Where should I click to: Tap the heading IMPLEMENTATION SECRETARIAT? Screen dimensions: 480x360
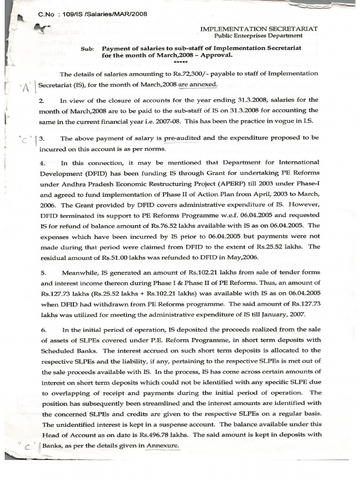(x=259, y=29)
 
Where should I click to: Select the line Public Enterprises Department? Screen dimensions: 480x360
(x=258, y=36)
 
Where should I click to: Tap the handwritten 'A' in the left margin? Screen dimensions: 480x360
(x=24, y=87)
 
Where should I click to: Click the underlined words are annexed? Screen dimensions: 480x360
(x=197, y=84)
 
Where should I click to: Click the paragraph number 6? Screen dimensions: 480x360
(x=44, y=330)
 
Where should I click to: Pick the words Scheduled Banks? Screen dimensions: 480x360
(x=69, y=351)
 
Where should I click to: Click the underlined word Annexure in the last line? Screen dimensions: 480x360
(x=163, y=445)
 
